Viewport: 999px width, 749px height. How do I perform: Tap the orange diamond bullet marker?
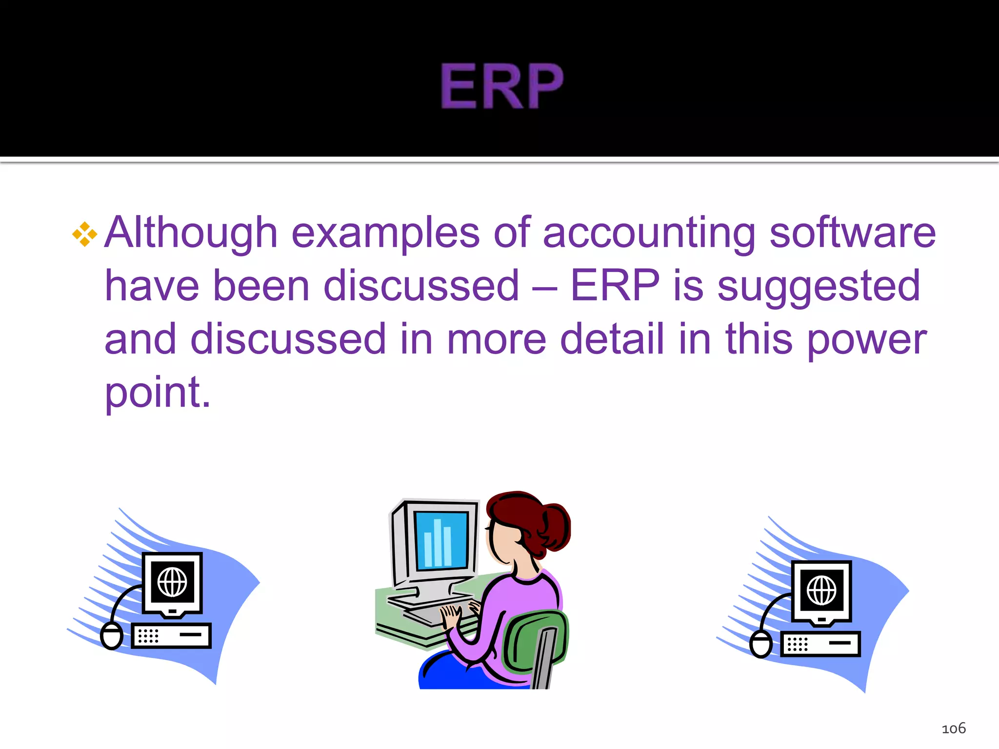[85, 235]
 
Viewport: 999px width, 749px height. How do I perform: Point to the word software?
[853, 233]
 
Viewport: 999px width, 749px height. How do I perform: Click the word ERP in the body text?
[615, 286]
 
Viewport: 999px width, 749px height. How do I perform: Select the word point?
[157, 393]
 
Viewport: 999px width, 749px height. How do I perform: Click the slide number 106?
[953, 729]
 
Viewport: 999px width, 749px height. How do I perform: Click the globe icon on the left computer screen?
[172, 582]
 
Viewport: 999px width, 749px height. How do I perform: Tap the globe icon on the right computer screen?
[821, 590]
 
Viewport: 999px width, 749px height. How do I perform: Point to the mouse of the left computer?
[112, 636]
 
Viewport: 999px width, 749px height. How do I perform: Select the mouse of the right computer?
[761, 644]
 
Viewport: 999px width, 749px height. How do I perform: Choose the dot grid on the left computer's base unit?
[148, 636]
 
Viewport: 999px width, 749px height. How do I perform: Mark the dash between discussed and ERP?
[544, 288]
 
